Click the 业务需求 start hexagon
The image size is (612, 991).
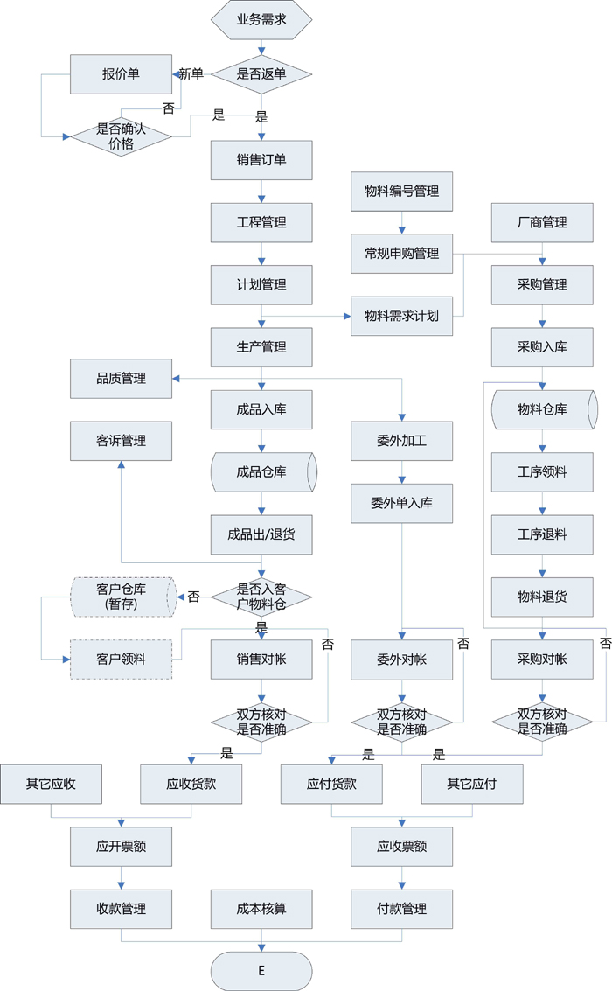point(261,19)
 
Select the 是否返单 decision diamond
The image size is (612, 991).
point(261,74)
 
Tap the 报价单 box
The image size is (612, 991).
point(121,74)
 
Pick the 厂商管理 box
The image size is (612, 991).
point(542,222)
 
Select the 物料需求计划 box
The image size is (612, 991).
point(402,316)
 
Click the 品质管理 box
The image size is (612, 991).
point(121,379)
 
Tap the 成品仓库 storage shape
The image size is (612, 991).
point(261,472)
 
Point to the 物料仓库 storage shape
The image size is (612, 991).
point(542,409)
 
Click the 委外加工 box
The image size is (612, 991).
point(402,441)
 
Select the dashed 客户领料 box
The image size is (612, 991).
point(121,660)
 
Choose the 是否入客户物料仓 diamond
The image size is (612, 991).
point(261,597)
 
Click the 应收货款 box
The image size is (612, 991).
point(191,785)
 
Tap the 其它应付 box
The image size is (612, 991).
point(472,785)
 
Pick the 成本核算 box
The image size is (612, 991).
point(261,909)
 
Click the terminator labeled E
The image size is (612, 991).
point(261,971)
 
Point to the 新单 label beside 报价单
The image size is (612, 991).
point(191,74)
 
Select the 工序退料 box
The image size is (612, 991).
point(542,534)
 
